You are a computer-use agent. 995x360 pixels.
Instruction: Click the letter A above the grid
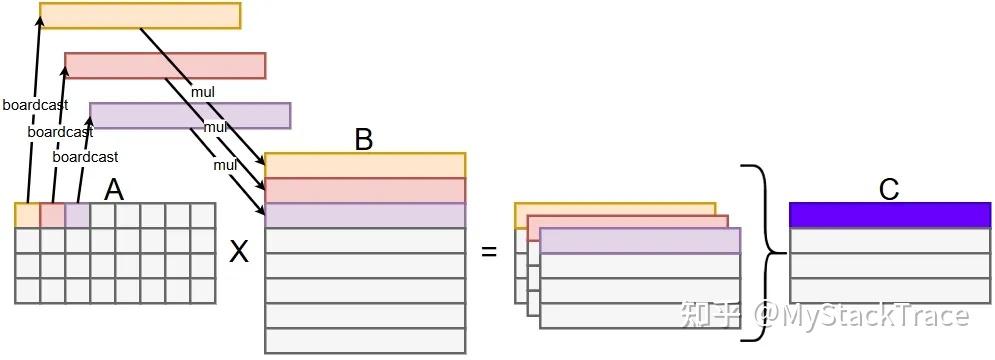point(114,190)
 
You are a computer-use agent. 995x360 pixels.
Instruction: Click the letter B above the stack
point(364,140)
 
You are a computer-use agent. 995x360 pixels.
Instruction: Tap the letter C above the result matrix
point(889,189)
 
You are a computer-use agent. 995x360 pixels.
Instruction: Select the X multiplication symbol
point(239,253)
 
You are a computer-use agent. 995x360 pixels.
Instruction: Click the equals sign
point(489,251)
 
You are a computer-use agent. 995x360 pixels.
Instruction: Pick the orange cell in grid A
point(27,215)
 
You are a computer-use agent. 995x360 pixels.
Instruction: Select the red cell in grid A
point(53,215)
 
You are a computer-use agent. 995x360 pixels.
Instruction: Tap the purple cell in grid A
point(77,215)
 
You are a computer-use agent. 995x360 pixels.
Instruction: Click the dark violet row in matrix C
point(890,215)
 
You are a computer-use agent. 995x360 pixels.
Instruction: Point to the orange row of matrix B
point(365,165)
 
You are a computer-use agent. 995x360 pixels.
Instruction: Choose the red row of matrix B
point(365,190)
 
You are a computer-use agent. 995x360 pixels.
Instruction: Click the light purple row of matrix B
point(365,215)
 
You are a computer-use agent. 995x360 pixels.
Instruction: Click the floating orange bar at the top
point(140,15)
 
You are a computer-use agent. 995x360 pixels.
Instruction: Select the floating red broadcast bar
point(165,66)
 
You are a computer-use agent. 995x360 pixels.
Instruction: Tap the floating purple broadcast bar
point(190,116)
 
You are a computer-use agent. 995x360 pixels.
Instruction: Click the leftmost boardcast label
point(36,105)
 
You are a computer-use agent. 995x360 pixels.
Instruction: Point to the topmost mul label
point(202,92)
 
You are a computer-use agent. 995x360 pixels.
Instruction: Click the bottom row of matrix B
point(365,340)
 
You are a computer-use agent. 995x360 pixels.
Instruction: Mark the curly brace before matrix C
point(768,253)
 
